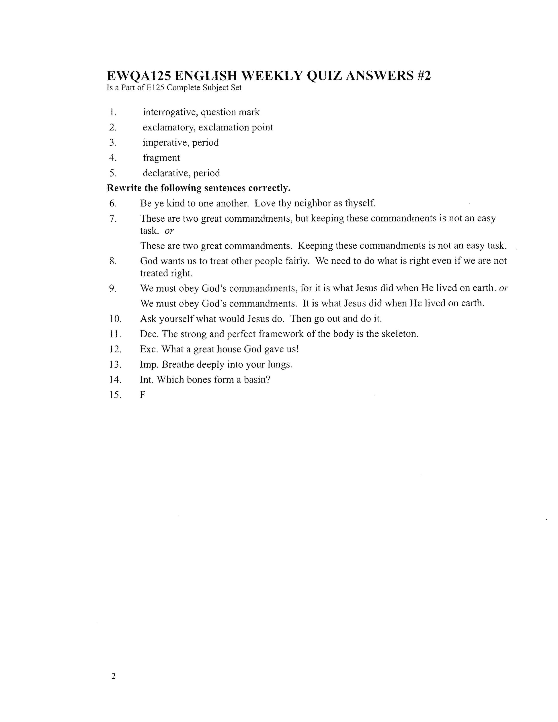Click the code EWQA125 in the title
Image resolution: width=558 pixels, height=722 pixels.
[x=139, y=76]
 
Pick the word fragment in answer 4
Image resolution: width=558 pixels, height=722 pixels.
[x=161, y=158]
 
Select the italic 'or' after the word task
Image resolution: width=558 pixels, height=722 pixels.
[x=169, y=231]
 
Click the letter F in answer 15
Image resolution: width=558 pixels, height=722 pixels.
[x=143, y=395]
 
